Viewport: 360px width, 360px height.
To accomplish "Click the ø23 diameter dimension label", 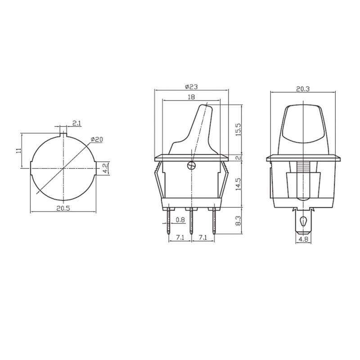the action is tap(191, 87).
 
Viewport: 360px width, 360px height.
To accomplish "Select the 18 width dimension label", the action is tap(191, 97).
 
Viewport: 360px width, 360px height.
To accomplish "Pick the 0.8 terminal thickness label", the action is tap(180, 220).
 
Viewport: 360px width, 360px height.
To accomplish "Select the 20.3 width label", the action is tap(303, 89).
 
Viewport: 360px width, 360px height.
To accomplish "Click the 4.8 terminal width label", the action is tap(303, 239).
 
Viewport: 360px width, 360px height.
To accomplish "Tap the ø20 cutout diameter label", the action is tap(97, 139).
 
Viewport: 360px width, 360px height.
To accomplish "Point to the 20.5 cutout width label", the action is tap(63, 208).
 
